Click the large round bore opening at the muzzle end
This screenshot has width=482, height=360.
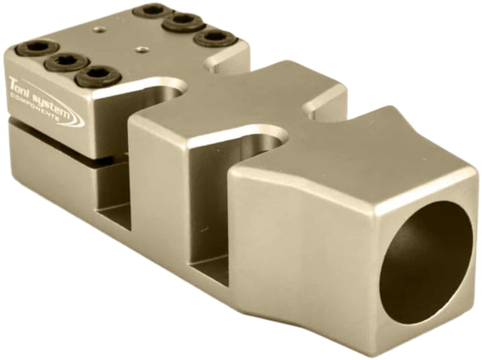click(x=428, y=255)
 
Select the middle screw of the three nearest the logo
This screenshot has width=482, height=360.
click(x=66, y=63)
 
